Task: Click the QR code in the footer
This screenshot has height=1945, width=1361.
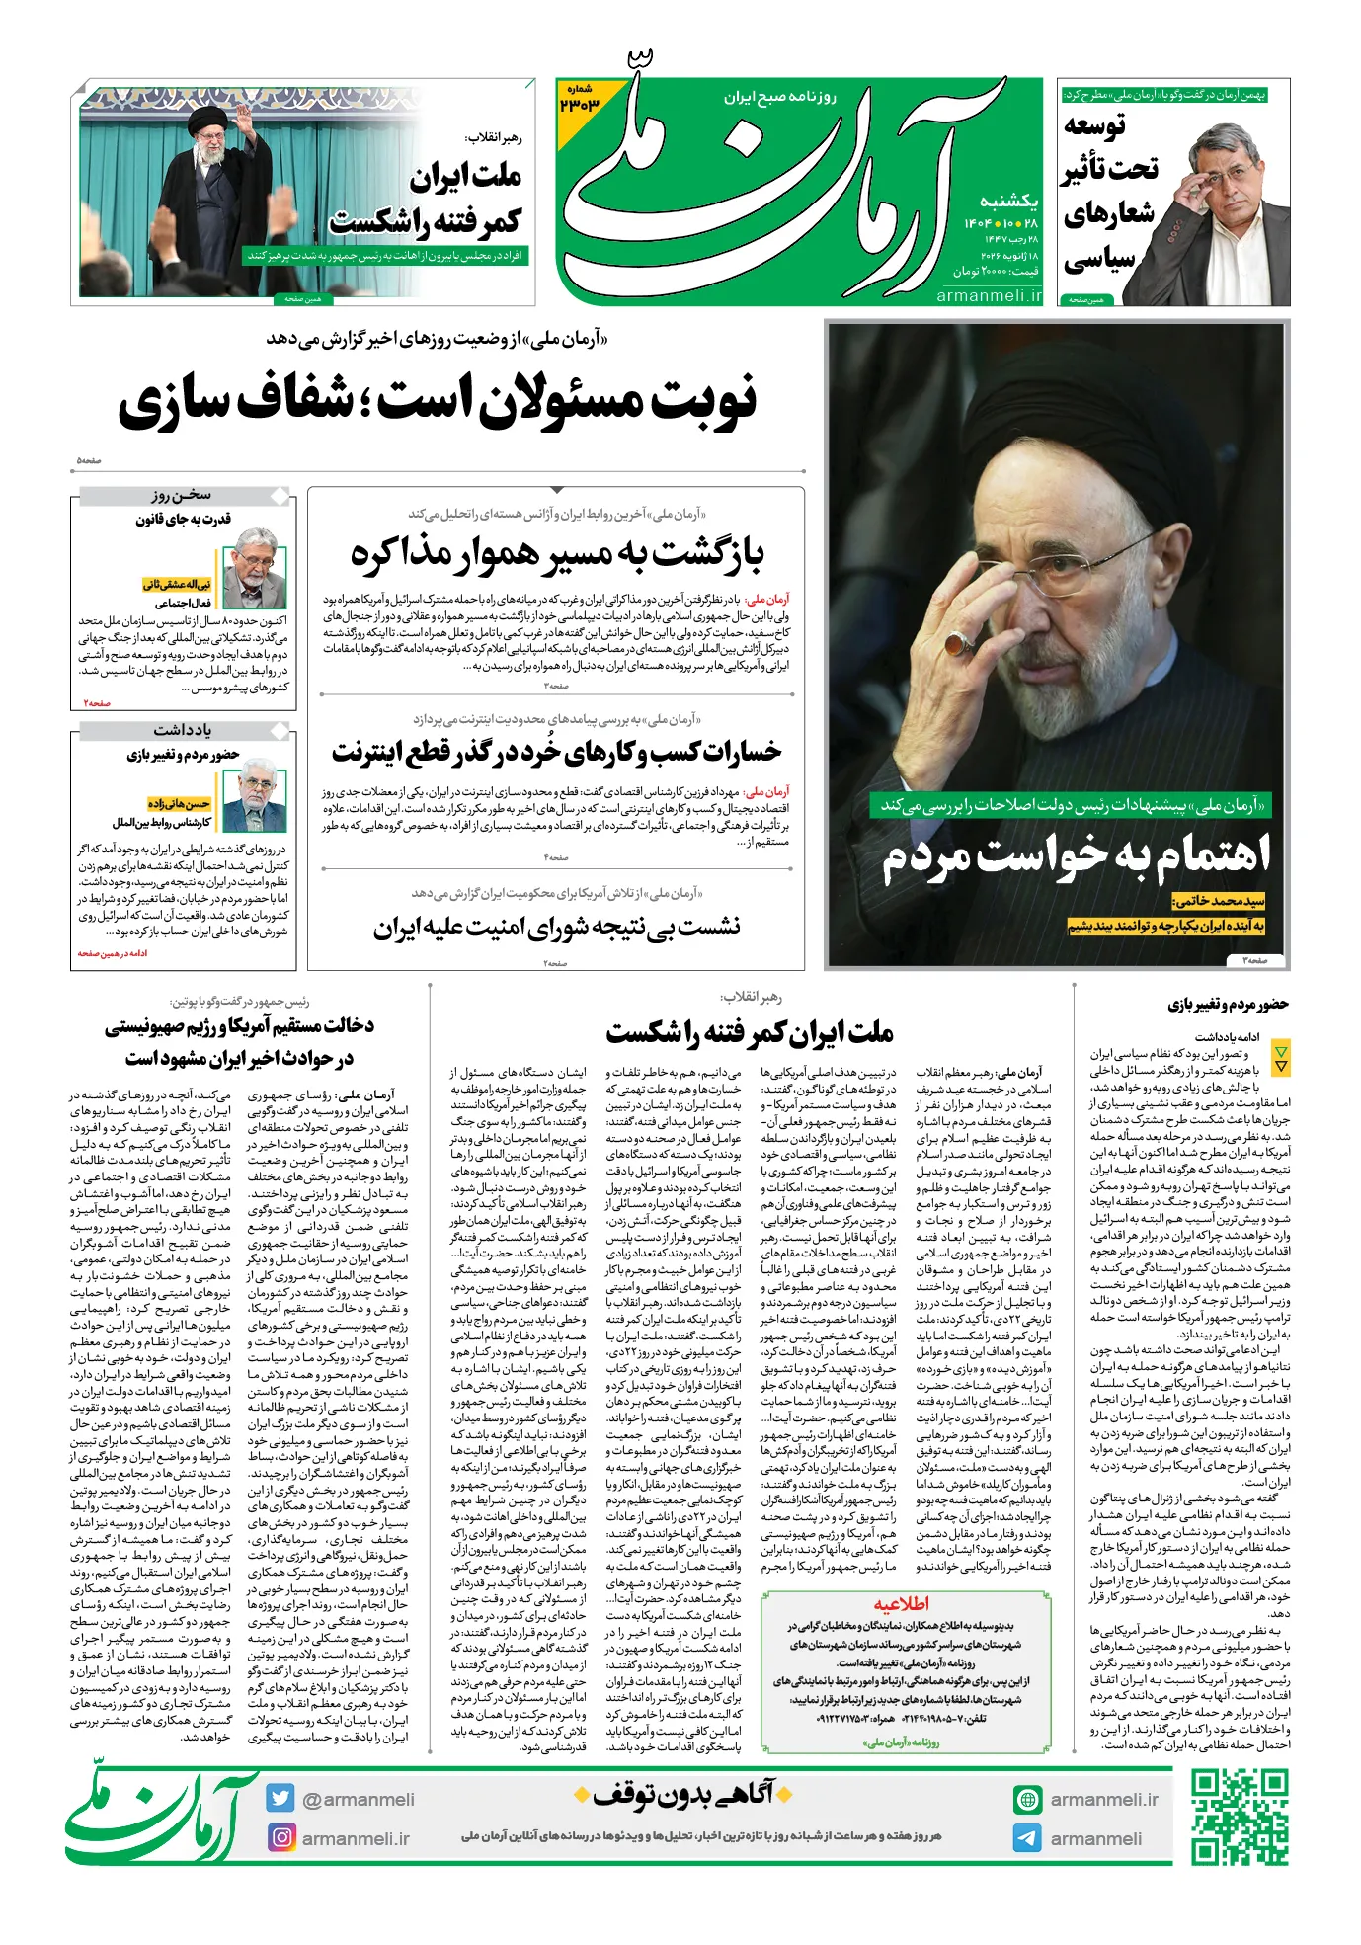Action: tap(1239, 1817)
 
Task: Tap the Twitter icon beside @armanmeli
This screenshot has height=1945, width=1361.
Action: tap(280, 1798)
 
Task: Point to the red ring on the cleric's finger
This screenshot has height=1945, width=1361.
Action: tap(956, 643)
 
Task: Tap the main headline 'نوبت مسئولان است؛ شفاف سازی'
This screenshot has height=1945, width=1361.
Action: tap(439, 401)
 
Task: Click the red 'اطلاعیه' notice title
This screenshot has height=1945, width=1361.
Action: tap(901, 1603)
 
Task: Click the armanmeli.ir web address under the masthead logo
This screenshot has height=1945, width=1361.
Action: tap(989, 294)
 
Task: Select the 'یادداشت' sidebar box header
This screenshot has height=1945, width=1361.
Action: tap(182, 730)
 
